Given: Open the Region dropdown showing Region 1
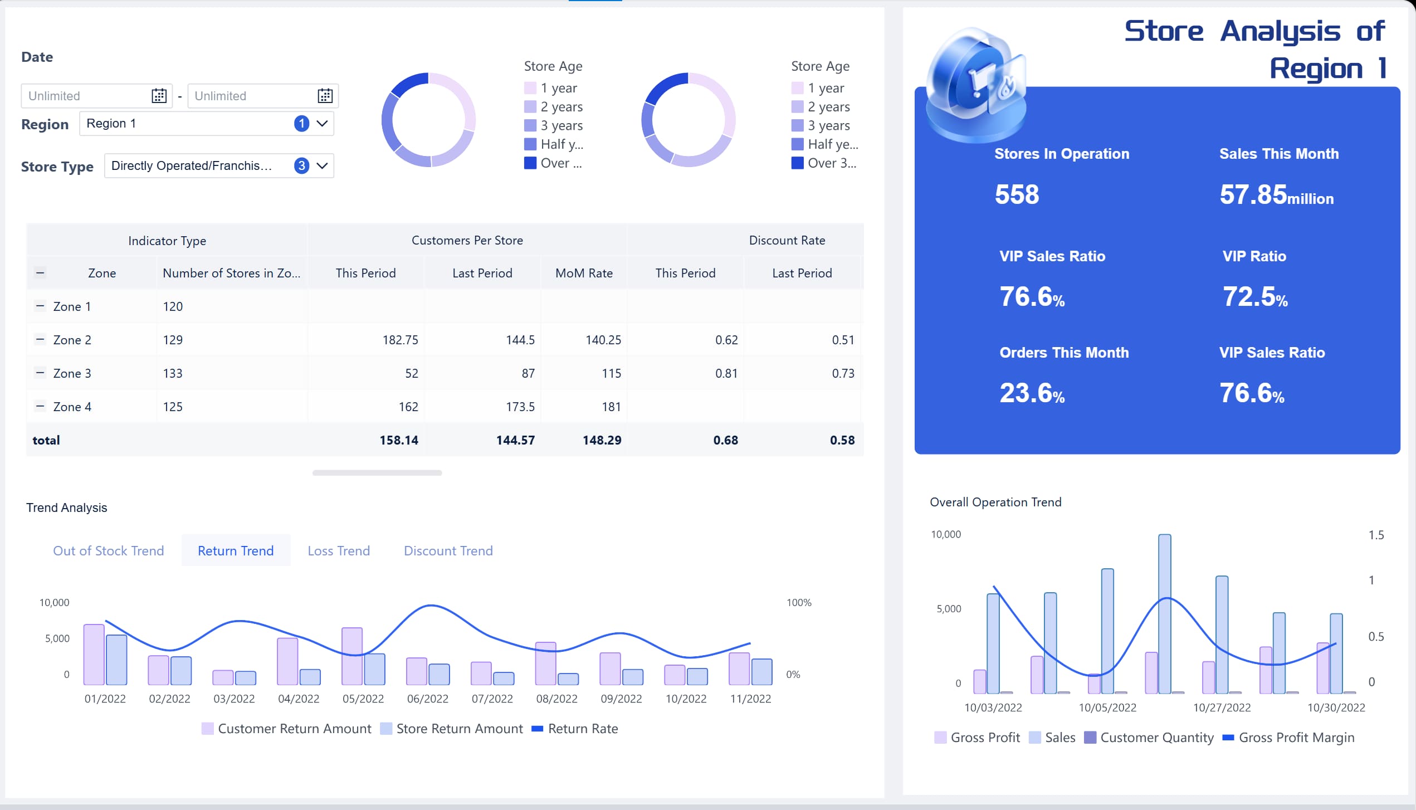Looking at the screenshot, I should coord(206,124).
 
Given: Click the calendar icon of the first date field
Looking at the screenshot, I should coord(159,96).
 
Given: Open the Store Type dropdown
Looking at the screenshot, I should coord(218,166).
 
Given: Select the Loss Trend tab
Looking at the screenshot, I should coord(339,551).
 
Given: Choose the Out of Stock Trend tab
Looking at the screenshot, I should coord(109,551).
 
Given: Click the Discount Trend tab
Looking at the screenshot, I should coord(448,551).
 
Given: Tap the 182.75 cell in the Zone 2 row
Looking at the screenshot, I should coord(400,340).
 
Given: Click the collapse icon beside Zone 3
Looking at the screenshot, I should coord(40,373).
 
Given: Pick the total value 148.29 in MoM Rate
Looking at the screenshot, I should coord(602,440).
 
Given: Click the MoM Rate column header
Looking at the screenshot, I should coord(584,273).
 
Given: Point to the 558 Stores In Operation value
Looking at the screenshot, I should coord(1017,195).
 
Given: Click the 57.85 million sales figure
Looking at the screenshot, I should coord(1276,195).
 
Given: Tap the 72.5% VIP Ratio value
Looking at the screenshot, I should coord(1254,297).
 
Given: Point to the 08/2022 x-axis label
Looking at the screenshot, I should coord(556,699).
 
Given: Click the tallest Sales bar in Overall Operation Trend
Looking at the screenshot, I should coord(1164,613).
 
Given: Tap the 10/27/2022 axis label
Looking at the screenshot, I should coord(1222,707).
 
